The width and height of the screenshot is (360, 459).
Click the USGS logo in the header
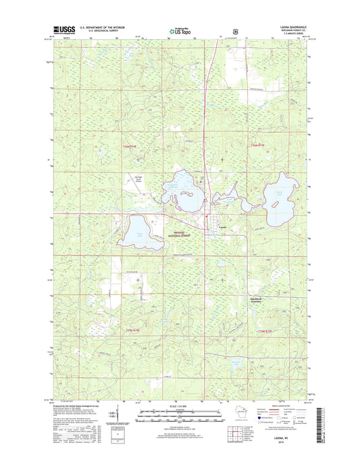pos(61,30)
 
